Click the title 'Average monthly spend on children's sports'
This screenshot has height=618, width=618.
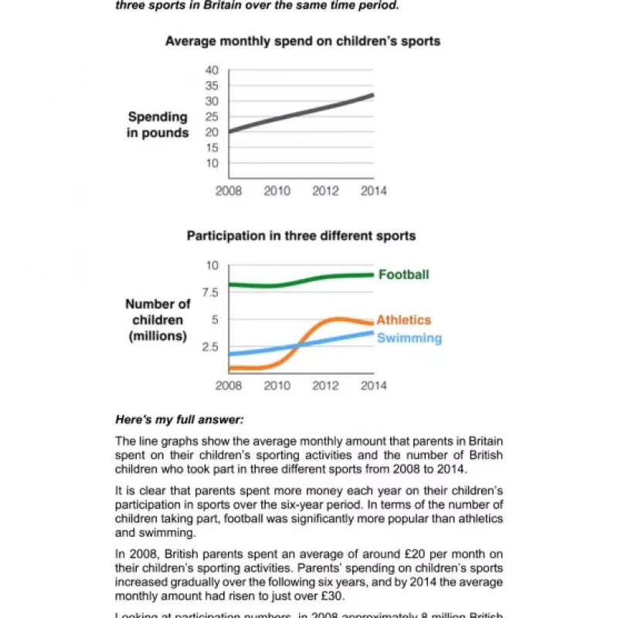[303, 40]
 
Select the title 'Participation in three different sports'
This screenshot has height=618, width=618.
[301, 236]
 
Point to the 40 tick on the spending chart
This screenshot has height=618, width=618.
[212, 70]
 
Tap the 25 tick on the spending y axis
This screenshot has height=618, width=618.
[212, 117]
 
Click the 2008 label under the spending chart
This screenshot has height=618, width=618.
[229, 191]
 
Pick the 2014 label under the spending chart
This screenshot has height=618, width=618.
[373, 191]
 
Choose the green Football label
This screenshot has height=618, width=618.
[403, 274]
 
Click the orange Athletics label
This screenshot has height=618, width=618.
[403, 320]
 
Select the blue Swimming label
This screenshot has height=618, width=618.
[409, 338]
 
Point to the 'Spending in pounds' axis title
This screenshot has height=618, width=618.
[158, 124]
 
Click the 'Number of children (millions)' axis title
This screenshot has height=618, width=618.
[158, 320]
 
